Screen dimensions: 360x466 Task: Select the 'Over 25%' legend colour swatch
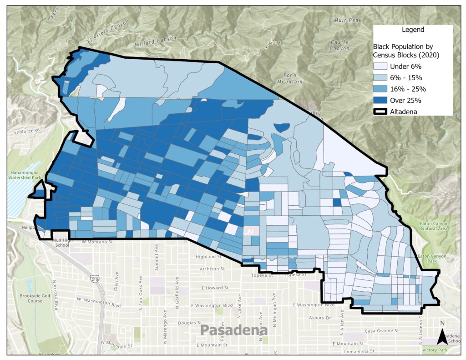point(381,101)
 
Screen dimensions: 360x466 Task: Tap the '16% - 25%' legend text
point(408,90)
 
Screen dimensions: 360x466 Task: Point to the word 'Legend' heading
point(413,30)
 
